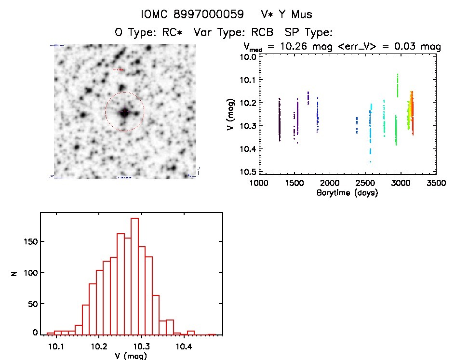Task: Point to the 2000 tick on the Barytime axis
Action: [330, 184]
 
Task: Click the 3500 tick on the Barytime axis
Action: [436, 184]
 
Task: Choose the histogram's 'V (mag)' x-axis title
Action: [130, 356]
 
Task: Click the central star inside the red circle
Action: [125, 112]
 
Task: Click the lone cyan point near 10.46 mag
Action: [370, 162]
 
